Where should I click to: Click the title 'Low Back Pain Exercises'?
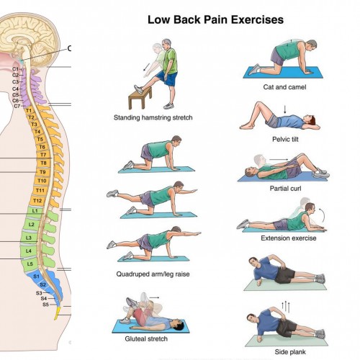coord(215,19)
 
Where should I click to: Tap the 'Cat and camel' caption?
coord(284,87)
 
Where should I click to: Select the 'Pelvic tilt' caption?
coord(285,139)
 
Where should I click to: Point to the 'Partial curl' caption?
coord(285,189)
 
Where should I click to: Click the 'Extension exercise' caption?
coord(289,238)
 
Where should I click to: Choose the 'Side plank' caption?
coord(290,352)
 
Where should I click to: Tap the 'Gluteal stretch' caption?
coord(146,338)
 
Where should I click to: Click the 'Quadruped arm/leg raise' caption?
coord(153,274)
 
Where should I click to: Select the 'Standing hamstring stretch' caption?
coord(153,117)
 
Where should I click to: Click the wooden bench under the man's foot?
coord(140,98)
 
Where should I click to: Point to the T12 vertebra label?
coord(37,201)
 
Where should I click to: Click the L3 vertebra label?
coord(29,238)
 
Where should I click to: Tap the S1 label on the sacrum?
coord(36,276)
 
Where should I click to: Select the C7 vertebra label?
coord(17,106)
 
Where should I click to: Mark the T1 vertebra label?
coord(29,111)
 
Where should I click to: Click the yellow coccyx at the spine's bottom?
coord(57,313)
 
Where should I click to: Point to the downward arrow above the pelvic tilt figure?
coord(285,109)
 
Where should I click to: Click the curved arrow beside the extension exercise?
coord(323,215)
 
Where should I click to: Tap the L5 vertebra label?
coord(30,264)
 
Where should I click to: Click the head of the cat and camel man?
coord(311,45)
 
